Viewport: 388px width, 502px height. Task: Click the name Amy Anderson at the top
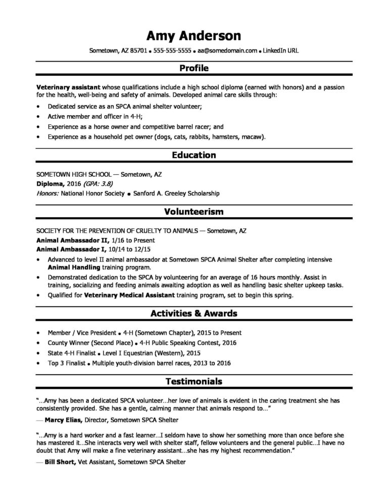click(193, 35)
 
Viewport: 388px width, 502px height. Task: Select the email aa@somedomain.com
click(227, 52)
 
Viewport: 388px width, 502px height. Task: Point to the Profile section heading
click(194, 68)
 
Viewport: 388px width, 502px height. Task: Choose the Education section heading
click(194, 155)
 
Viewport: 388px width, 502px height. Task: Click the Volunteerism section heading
click(194, 212)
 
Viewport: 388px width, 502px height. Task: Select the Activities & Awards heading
click(194, 314)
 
